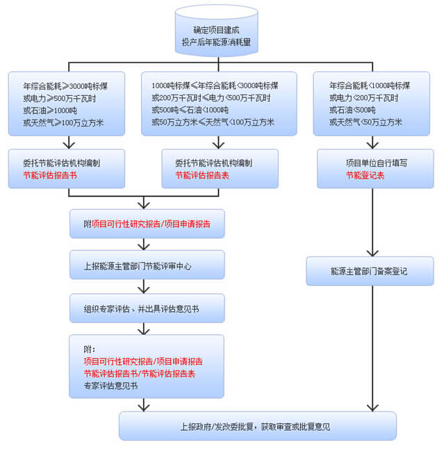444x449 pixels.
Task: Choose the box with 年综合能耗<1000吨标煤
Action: click(x=375, y=104)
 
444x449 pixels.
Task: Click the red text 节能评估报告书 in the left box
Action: click(x=49, y=176)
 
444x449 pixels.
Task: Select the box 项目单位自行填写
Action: click(x=375, y=168)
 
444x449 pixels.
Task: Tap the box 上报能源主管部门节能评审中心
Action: click(x=147, y=265)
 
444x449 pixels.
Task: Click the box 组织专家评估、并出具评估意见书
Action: click(x=147, y=308)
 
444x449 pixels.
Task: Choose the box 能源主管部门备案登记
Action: click(x=370, y=271)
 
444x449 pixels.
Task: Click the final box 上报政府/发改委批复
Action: click(x=257, y=426)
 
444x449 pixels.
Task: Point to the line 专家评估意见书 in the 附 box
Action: click(x=110, y=386)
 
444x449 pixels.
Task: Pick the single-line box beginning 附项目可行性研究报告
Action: click(x=147, y=224)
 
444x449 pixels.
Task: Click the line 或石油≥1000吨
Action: click(x=51, y=110)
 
